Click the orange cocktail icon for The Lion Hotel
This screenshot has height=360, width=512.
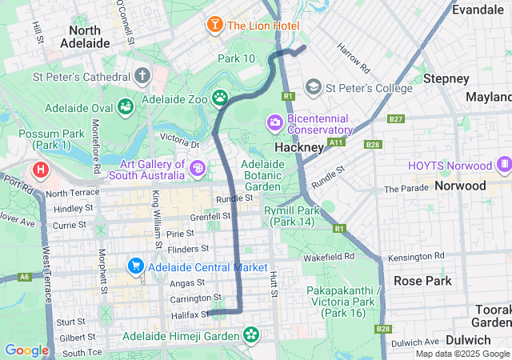(x=215, y=25)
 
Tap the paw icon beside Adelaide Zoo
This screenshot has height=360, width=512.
(x=219, y=98)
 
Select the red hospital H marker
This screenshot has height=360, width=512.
(x=39, y=170)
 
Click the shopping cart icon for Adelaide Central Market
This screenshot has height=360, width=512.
(x=135, y=265)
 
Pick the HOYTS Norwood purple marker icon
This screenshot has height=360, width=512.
(x=503, y=166)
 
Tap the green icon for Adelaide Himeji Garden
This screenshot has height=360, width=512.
(x=252, y=334)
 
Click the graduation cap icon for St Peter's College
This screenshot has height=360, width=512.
(x=313, y=86)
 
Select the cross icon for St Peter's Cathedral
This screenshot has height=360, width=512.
(x=142, y=77)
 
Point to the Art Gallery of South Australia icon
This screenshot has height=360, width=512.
(x=198, y=169)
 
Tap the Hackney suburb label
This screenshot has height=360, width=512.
(x=299, y=148)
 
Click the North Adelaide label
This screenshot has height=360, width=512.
(x=84, y=35)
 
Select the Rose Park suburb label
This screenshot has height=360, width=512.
(x=422, y=281)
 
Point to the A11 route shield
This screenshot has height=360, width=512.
(x=336, y=142)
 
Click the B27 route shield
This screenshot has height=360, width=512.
(x=395, y=119)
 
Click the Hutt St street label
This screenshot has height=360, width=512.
(x=274, y=284)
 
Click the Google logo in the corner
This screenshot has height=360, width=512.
(x=26, y=350)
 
